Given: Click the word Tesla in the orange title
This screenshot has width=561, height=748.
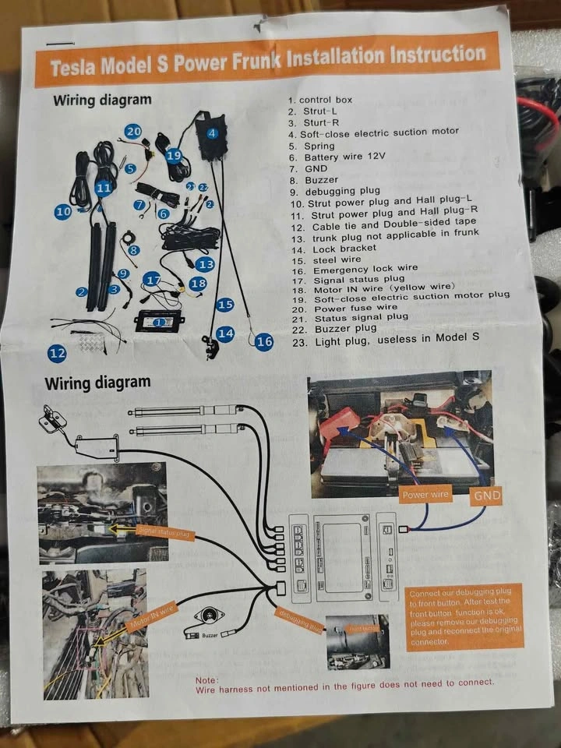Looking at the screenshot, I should (76, 67).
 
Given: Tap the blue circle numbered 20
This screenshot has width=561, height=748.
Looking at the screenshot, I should (133, 132).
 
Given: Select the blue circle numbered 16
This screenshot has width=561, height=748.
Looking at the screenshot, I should (265, 340).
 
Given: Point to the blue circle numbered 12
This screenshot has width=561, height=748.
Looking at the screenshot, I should (57, 353).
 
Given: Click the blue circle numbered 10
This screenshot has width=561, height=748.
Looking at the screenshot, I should (63, 210).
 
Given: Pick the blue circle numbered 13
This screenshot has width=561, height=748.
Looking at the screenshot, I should (205, 264).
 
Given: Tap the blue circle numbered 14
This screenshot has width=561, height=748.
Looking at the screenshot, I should (225, 333).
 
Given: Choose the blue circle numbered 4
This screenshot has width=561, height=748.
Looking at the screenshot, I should (212, 133).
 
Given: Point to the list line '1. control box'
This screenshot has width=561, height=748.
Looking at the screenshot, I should (320, 100).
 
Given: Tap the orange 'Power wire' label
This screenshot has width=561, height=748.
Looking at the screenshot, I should (425, 493).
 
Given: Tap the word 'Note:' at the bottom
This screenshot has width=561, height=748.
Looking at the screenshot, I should (207, 679).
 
